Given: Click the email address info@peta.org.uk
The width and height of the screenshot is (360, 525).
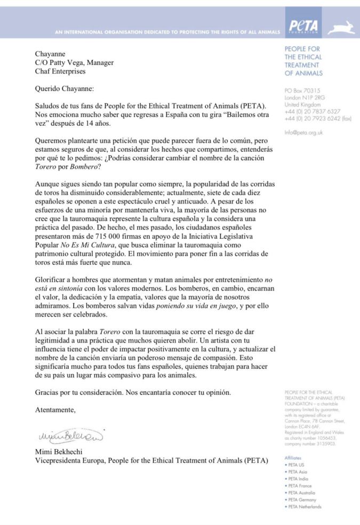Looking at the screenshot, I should pos(303,132).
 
